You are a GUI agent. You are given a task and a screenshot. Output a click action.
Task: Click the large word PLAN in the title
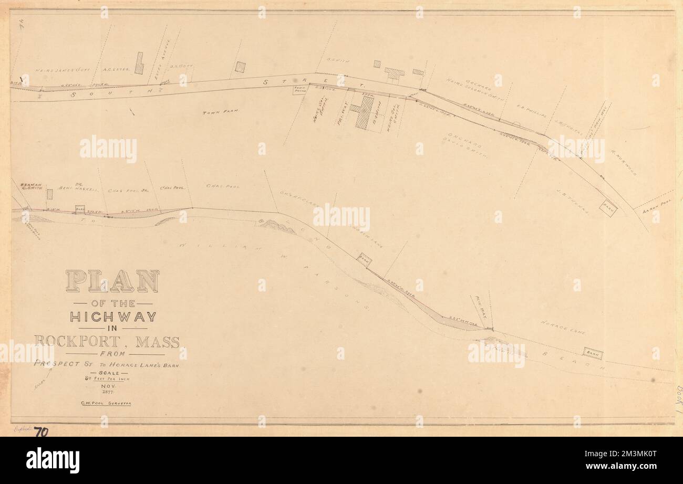112,281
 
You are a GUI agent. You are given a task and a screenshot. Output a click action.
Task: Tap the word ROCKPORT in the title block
77,341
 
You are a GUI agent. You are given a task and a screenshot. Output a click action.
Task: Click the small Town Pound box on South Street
300,90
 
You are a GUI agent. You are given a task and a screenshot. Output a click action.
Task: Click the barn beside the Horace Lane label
592,354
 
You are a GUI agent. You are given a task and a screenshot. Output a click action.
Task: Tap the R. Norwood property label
623,167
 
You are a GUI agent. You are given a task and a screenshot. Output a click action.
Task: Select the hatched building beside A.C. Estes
139,63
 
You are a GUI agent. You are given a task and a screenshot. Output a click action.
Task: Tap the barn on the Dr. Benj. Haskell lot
80,209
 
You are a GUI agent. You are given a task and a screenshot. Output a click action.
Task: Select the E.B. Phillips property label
531,112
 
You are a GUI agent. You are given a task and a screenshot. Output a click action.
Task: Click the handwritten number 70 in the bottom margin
41,432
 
